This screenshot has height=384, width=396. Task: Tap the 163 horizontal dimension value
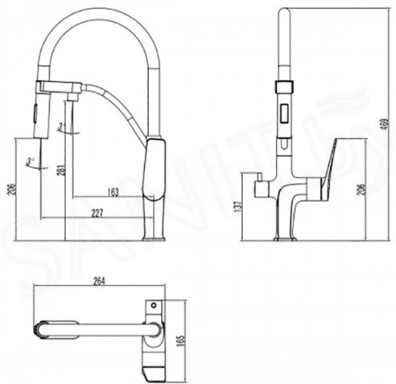(x=113, y=189)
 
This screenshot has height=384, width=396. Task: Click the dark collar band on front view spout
(x=284, y=87)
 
